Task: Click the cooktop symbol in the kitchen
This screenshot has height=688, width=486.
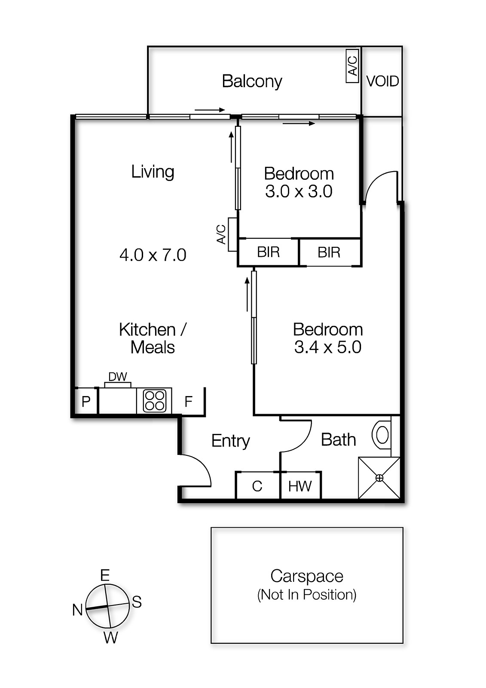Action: [x=154, y=401]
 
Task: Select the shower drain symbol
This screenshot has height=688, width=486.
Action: [x=379, y=478]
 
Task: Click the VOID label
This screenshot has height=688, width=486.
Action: [x=382, y=81]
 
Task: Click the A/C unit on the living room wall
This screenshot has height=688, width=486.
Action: [x=232, y=234]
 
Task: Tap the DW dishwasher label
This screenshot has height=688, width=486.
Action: [x=117, y=377]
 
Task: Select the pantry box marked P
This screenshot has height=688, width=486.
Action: [x=86, y=402]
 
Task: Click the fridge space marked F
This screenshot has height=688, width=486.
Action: [x=188, y=402]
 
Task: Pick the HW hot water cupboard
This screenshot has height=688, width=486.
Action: [x=300, y=486]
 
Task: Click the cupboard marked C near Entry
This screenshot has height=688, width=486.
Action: [x=257, y=486]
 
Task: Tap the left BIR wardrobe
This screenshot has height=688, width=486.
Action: [x=268, y=252]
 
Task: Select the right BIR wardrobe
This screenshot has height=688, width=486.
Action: [x=329, y=252]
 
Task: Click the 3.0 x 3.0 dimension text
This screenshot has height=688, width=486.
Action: [x=299, y=191]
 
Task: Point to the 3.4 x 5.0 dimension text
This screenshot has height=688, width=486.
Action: [x=327, y=347]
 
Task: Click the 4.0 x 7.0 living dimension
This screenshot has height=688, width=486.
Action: [x=153, y=255]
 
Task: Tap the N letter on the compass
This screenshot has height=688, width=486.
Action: [x=77, y=610]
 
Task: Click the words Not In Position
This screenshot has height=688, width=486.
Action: [x=307, y=595]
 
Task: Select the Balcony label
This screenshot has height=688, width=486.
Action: [x=252, y=81]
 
